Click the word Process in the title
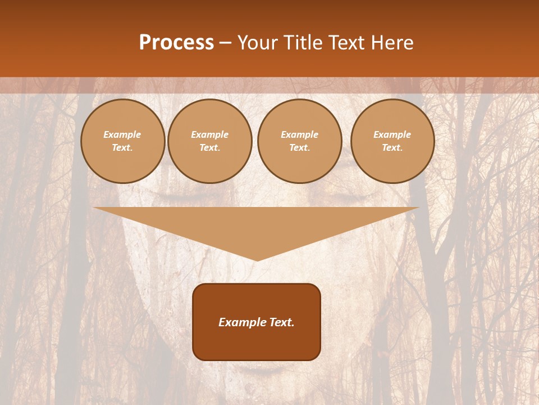pyautogui.click(x=176, y=43)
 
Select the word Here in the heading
pyautogui.click(x=391, y=43)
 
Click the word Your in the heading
pyautogui.click(x=258, y=43)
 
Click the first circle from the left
pyautogui.click(x=122, y=141)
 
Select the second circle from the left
pyautogui.click(x=210, y=141)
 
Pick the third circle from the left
pyautogui.click(x=300, y=141)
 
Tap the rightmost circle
pyautogui.click(x=392, y=141)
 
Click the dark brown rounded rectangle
pyautogui.click(x=257, y=322)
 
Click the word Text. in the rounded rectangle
pyautogui.click(x=281, y=322)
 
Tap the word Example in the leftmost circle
pyautogui.click(x=122, y=135)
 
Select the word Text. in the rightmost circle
pyautogui.click(x=392, y=148)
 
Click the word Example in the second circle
pyautogui.click(x=210, y=135)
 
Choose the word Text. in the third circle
pyautogui.click(x=300, y=148)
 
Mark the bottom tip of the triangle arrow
pyautogui.click(x=257, y=260)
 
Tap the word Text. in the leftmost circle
pyautogui.click(x=122, y=148)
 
